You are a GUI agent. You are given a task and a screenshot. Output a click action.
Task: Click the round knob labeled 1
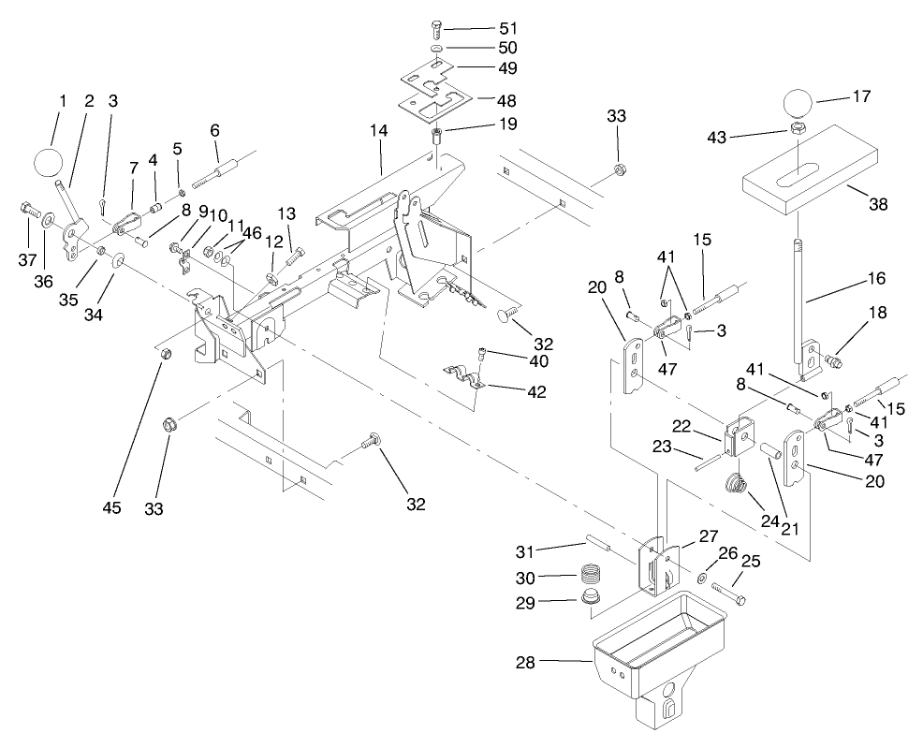pyautogui.click(x=50, y=162)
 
